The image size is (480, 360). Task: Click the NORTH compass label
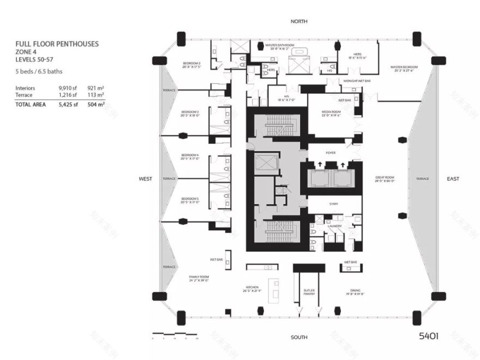299,21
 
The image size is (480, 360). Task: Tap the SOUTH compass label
299,337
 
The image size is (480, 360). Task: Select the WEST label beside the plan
146,179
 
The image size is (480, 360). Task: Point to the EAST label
453,179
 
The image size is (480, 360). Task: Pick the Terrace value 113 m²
96,94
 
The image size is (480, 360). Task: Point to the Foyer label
331,153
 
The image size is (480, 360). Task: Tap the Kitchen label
253,287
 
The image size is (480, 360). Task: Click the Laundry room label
334,225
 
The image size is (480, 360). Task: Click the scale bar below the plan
175,333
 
